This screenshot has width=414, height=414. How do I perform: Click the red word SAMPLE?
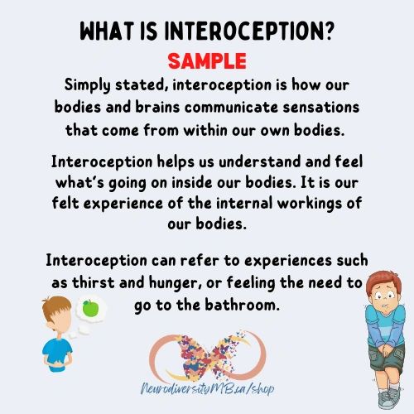[207, 62]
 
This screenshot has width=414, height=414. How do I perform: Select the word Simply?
[89, 86]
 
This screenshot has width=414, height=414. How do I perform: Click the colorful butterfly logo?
[206, 345]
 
